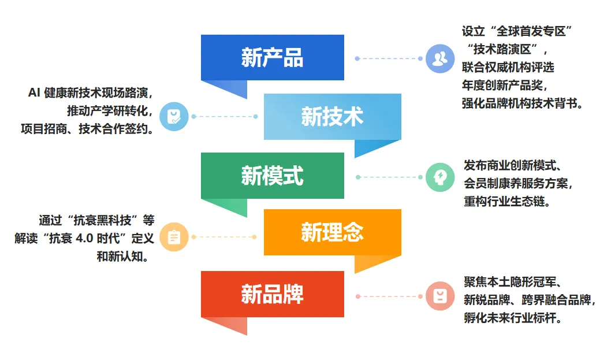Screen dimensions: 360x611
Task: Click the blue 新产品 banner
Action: (272, 58)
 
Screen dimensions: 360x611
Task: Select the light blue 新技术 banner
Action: (332, 117)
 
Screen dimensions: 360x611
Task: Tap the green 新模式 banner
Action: (272, 176)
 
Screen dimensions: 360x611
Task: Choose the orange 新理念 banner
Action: (332, 232)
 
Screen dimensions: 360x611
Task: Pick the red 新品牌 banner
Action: (272, 294)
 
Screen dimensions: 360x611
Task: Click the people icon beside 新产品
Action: (440, 58)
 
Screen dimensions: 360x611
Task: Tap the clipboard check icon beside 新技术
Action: (173, 117)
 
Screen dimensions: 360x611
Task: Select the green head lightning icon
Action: (440, 177)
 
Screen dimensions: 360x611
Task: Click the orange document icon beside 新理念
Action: (174, 237)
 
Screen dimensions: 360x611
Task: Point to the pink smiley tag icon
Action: (440, 296)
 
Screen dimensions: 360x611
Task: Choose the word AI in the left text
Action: (34, 92)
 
